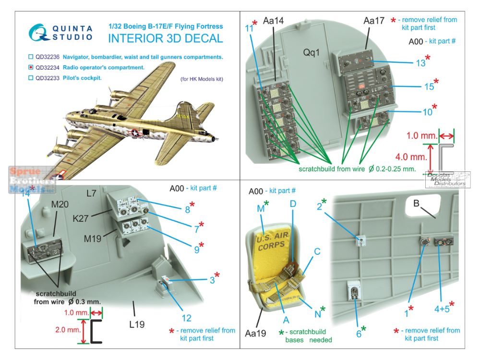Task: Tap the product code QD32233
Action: (49, 77)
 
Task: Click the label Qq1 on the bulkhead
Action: (312, 52)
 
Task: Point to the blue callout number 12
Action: (186, 317)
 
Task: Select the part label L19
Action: (136, 324)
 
